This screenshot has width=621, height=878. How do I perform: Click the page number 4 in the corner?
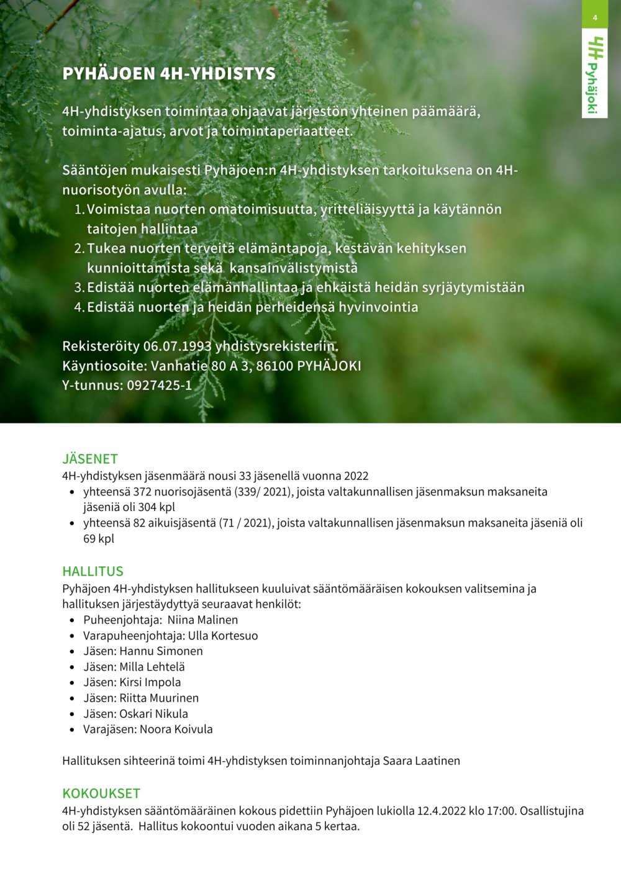coord(594,17)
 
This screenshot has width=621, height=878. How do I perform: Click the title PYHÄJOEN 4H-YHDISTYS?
coord(169,74)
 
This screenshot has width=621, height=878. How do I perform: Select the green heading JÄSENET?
coord(90,459)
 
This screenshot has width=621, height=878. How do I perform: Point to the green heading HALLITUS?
coord(93,571)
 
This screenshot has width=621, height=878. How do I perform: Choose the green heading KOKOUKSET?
coord(101,794)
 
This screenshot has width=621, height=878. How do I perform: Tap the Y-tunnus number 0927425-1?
coord(160,385)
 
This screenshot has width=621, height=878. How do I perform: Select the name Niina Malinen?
coord(202,620)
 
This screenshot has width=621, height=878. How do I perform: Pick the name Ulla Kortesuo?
coord(223,635)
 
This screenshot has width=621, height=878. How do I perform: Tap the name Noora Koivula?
coord(176,729)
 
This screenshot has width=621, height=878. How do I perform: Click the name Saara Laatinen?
coord(422,761)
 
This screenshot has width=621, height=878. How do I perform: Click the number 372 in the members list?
coord(143,492)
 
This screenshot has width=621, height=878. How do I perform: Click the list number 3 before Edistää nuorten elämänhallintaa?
coord(79,287)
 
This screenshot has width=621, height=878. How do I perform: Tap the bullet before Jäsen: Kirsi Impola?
coord(72,682)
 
